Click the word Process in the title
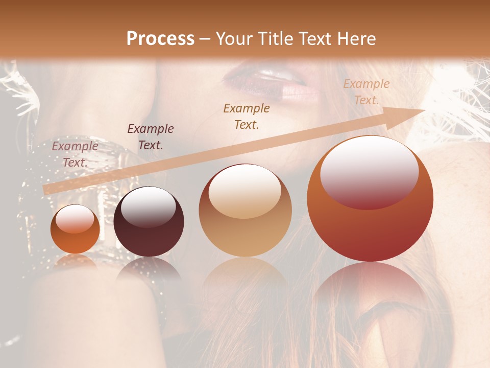click(x=160, y=39)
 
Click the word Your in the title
click(x=233, y=39)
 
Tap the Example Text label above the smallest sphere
click(x=75, y=154)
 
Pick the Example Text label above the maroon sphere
click(x=151, y=137)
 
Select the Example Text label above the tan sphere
click(x=247, y=116)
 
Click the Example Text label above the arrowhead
click(x=366, y=92)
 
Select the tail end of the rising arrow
click(x=46, y=190)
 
